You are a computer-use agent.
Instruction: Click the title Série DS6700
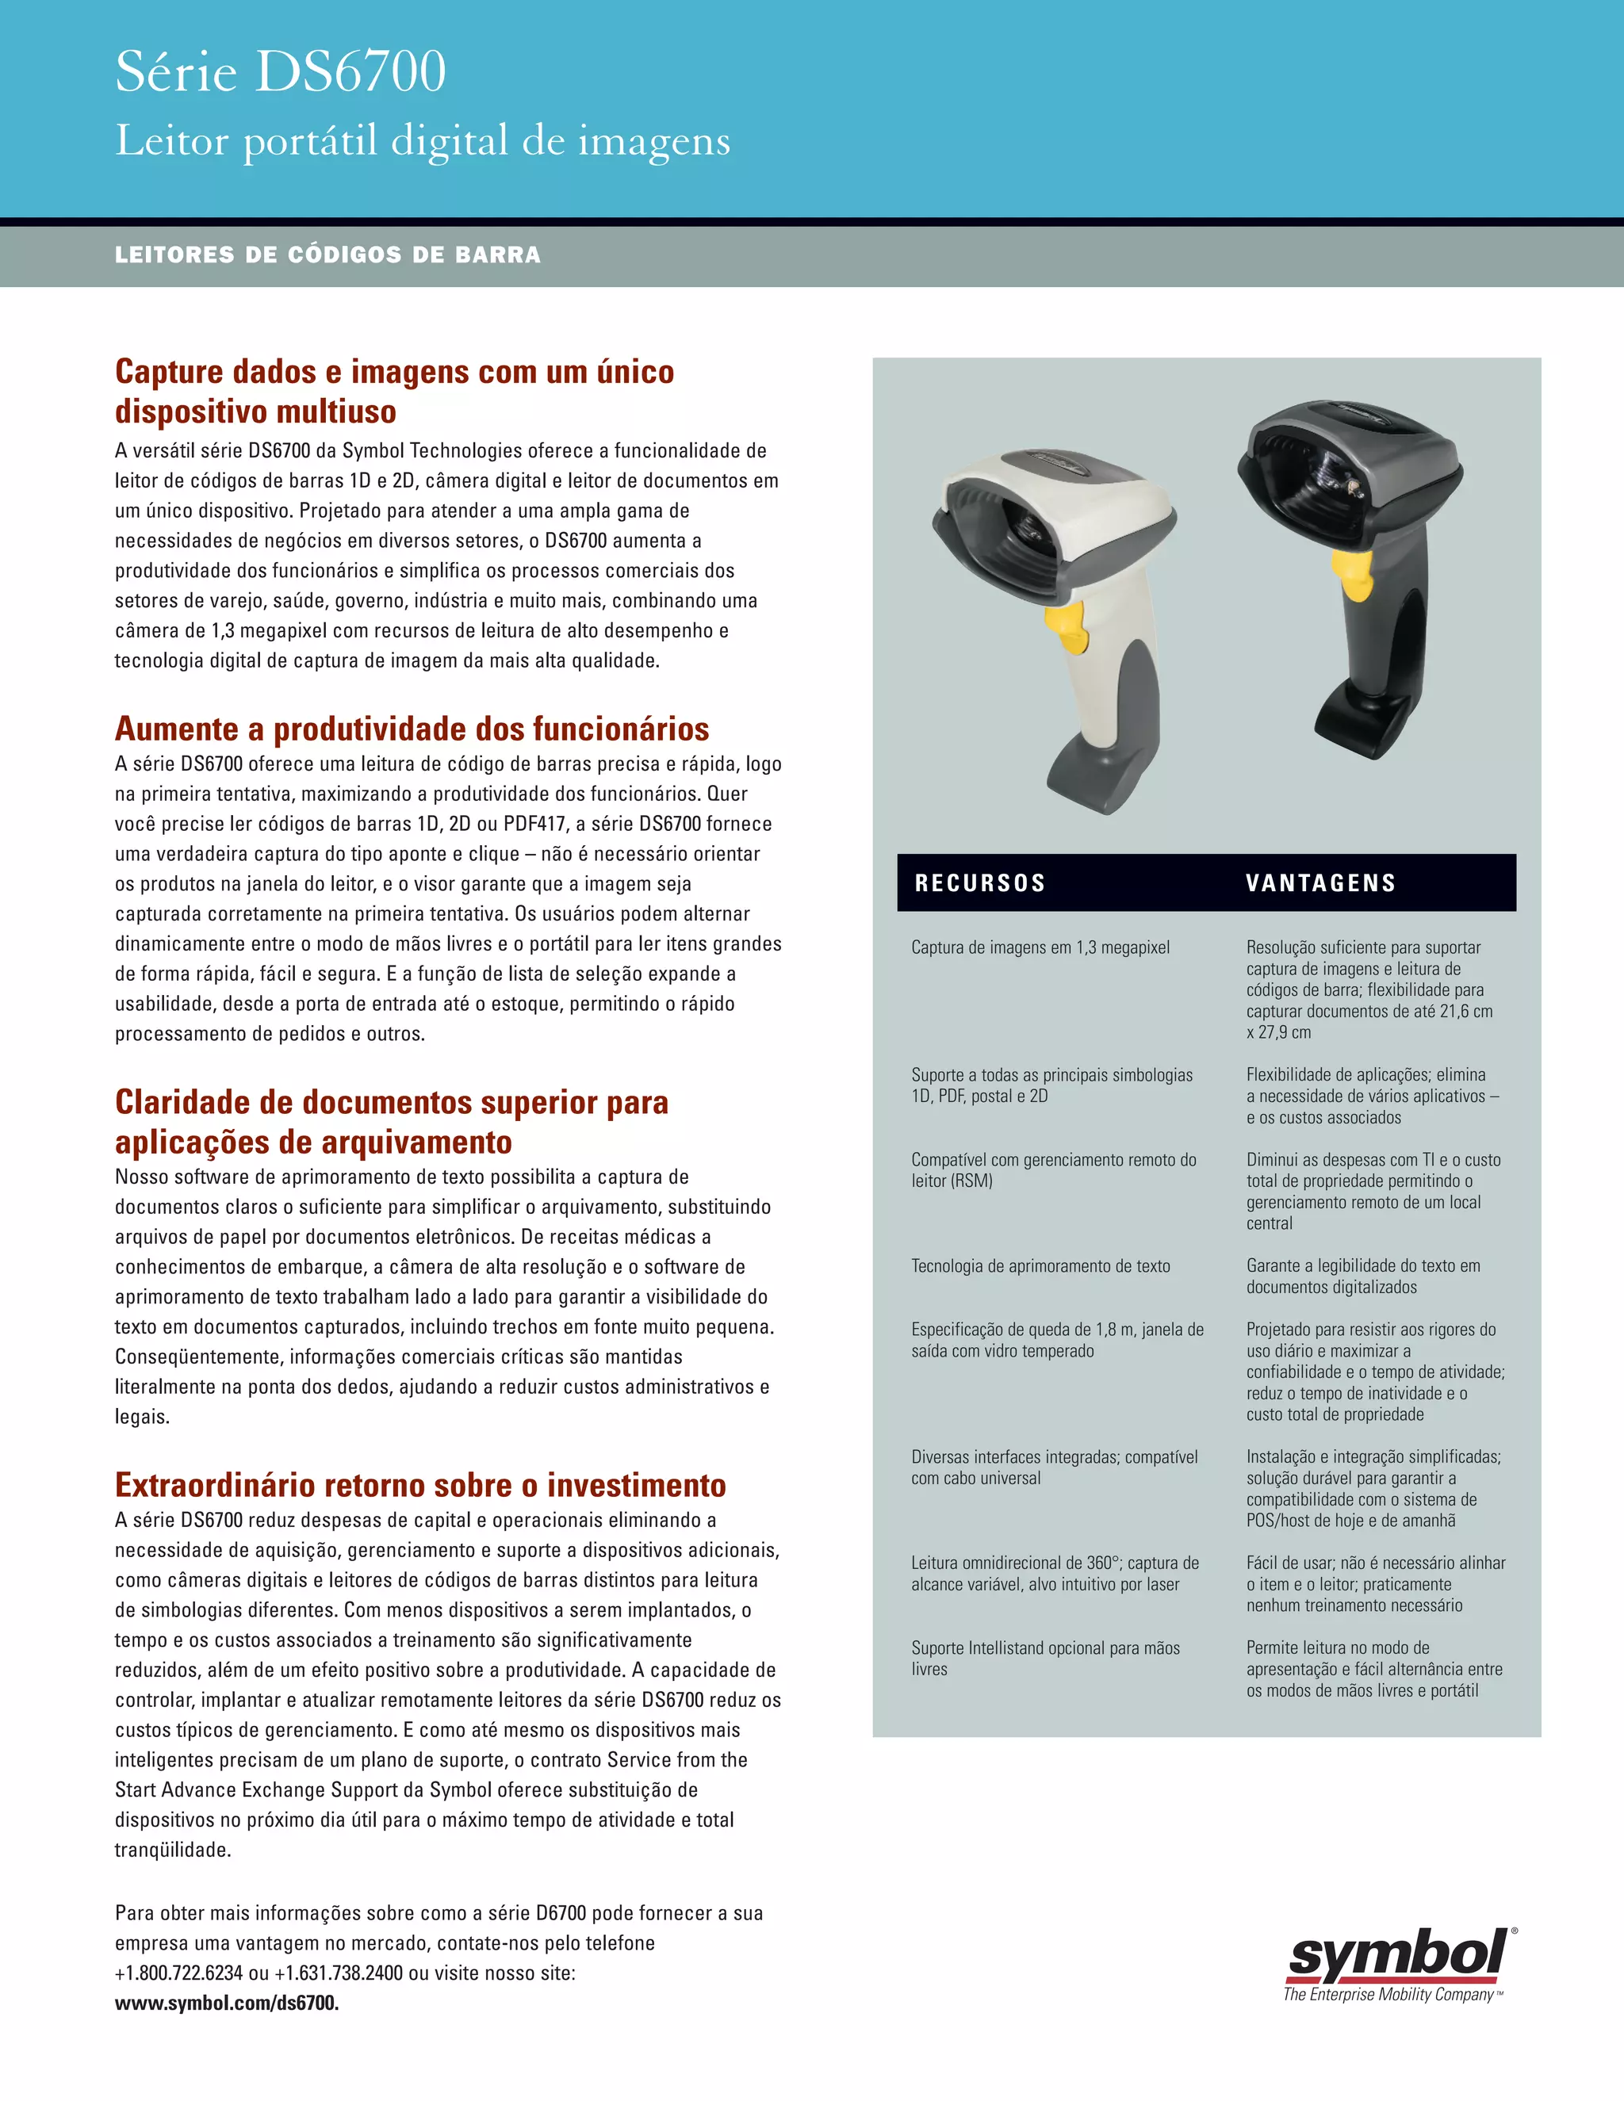point(280,72)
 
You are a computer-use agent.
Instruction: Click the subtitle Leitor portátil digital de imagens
point(423,141)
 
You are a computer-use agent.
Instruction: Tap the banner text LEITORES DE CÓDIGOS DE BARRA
point(327,255)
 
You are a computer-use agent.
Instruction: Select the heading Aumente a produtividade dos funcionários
point(412,729)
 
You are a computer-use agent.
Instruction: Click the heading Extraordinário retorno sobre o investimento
point(419,1484)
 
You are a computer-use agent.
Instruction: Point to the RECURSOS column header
point(979,883)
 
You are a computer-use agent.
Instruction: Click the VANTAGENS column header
point(1320,883)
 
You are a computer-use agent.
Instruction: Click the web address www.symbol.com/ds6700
point(226,2003)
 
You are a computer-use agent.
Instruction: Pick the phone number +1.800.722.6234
point(179,1973)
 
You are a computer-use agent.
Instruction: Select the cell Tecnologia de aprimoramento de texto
point(1040,1266)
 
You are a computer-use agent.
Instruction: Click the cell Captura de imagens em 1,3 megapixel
point(1040,947)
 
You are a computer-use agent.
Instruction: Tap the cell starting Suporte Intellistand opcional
point(1045,1658)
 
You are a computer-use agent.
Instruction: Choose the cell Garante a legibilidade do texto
point(1362,1276)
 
